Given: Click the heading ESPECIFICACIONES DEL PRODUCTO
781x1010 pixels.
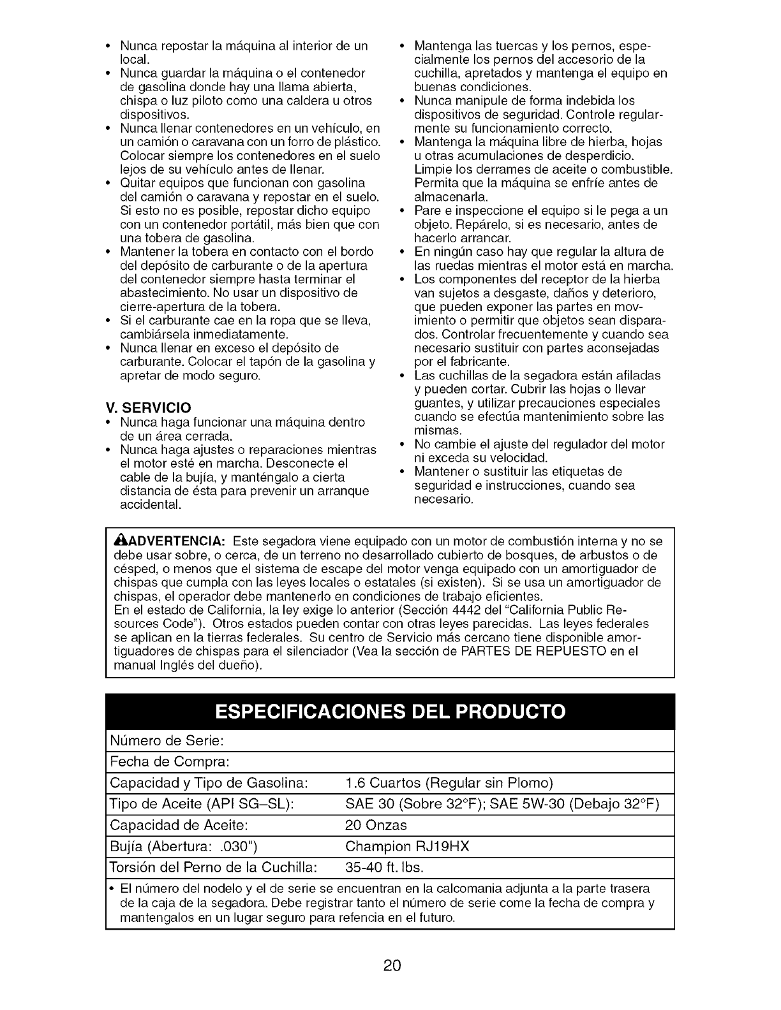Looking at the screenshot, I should (x=390, y=712).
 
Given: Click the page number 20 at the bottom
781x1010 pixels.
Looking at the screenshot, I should (x=392, y=965).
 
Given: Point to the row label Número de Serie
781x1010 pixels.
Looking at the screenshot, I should (x=167, y=741).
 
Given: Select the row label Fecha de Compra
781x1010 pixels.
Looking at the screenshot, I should (x=170, y=762).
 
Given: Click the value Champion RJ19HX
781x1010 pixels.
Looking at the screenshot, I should (x=407, y=846).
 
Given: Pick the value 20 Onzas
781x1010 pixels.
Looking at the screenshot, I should (x=375, y=825).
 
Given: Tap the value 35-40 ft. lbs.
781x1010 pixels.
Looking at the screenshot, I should (x=384, y=867).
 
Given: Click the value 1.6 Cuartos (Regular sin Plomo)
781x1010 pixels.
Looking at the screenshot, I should (x=449, y=783).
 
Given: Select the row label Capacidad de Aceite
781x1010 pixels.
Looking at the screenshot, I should (x=179, y=825).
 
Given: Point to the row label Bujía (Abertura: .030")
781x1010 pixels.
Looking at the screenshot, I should (x=184, y=846).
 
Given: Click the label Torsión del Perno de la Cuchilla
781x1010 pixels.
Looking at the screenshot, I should (x=213, y=867).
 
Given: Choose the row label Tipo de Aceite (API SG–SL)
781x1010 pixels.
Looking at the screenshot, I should (x=202, y=804).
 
